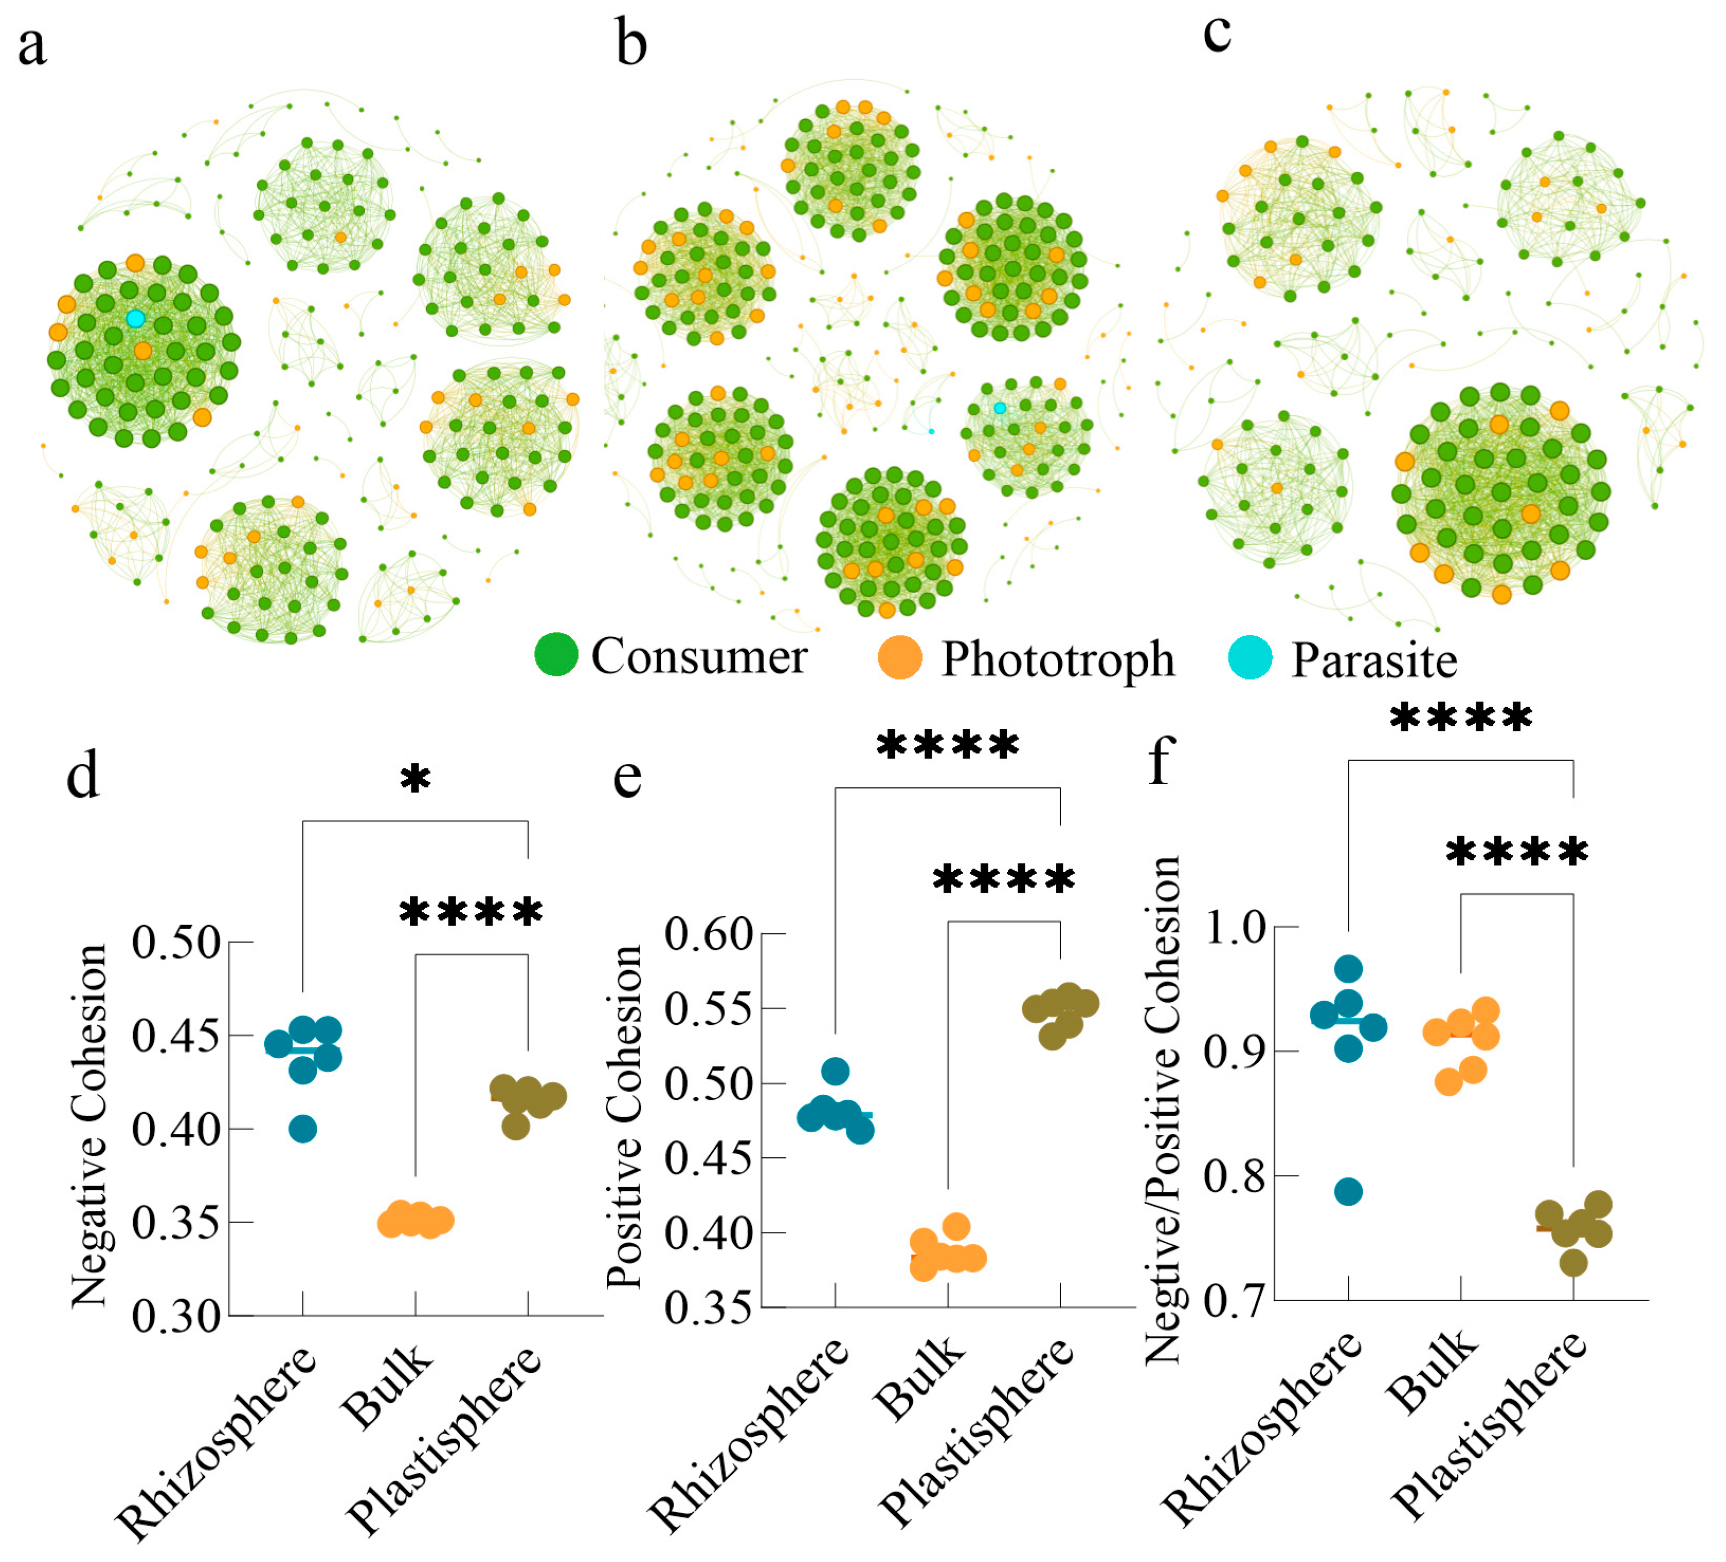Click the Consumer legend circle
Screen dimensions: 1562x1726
(x=556, y=655)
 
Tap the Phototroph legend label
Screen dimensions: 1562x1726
(x=1057, y=659)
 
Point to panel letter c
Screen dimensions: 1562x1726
(x=1217, y=34)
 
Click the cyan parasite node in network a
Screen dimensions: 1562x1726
(x=135, y=319)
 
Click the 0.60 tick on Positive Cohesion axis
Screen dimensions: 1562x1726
(x=708, y=934)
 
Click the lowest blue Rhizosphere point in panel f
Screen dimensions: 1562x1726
(x=1348, y=1192)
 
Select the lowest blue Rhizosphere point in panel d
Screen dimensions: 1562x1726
(x=303, y=1130)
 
